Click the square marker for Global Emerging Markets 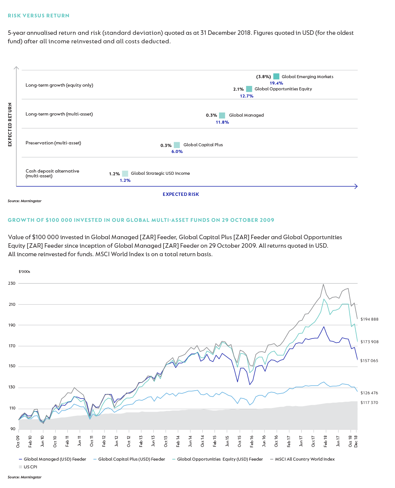pyautogui.click(x=276, y=76)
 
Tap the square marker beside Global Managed pyautogui.click(x=222, y=115)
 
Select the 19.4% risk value pyautogui.click(x=276, y=83)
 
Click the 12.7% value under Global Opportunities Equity pyautogui.click(x=246, y=96)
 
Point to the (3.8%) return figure pyautogui.click(x=263, y=77)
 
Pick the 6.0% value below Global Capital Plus pyautogui.click(x=177, y=151)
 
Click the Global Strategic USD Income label pyautogui.click(x=160, y=173)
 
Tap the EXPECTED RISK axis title pyautogui.click(x=181, y=194)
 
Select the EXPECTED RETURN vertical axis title pyautogui.click(x=10, y=124)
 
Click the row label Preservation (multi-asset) pyautogui.click(x=53, y=143)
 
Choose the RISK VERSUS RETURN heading pyautogui.click(x=39, y=16)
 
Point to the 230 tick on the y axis pyautogui.click(x=12, y=283)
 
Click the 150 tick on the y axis pyautogui.click(x=12, y=366)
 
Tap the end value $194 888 pyautogui.click(x=369, y=319)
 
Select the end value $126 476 pyautogui.click(x=369, y=393)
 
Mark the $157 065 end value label pyautogui.click(x=369, y=361)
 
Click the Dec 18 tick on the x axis pyautogui.click(x=356, y=441)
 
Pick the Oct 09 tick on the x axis pyautogui.click(x=18, y=441)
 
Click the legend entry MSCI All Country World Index pyautogui.click(x=304, y=459)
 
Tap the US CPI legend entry pyautogui.click(x=30, y=467)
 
